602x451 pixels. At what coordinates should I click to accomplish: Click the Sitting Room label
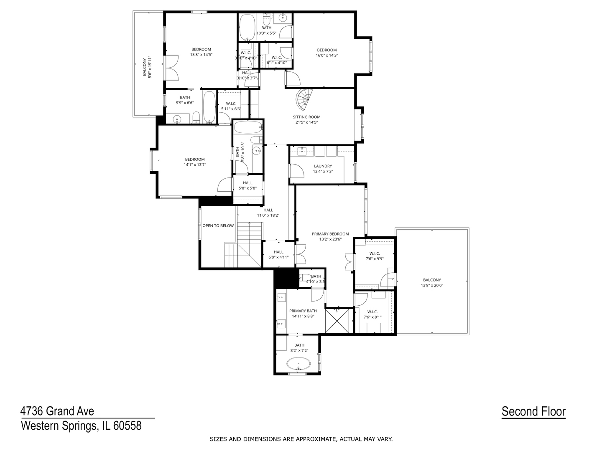point(306,117)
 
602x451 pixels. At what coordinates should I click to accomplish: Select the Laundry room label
point(323,166)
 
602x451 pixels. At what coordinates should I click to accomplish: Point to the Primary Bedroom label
point(330,234)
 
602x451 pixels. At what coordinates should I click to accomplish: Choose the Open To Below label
point(218,225)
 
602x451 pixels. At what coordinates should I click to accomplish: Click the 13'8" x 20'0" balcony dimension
point(432,286)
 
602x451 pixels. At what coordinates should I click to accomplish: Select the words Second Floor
point(533,411)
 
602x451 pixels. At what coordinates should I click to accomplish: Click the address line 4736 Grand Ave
point(57,411)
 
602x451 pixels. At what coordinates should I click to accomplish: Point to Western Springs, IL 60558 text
point(81,426)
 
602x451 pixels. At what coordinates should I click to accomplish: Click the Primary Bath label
point(303,311)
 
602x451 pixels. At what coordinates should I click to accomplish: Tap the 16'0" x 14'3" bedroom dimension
point(327,55)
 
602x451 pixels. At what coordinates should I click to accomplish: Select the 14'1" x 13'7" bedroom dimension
point(195,165)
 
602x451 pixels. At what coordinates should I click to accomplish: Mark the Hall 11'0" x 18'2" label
point(268,213)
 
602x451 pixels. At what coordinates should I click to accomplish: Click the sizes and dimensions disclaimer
point(301,439)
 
